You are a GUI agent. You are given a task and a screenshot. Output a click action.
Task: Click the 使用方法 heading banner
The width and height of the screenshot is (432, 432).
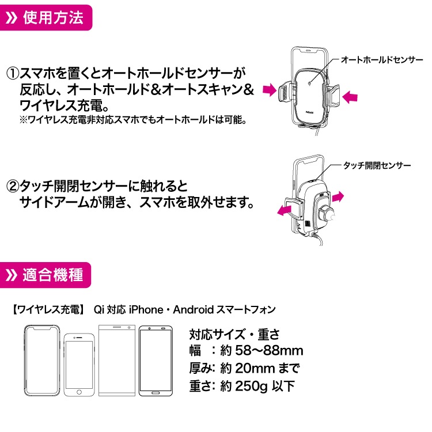(x=46, y=18)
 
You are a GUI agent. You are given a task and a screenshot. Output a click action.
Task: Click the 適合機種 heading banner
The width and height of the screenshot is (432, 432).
(x=45, y=275)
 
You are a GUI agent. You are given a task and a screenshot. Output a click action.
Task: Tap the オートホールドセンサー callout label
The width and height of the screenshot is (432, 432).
(x=382, y=60)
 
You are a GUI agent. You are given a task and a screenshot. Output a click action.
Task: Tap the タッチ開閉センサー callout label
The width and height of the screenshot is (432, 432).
(x=377, y=165)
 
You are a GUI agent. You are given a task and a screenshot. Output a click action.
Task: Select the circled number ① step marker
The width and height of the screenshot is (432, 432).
(x=13, y=74)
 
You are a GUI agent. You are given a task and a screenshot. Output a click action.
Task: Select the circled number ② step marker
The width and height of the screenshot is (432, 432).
(x=13, y=187)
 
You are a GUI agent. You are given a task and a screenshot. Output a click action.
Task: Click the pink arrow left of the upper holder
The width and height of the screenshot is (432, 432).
(x=270, y=89)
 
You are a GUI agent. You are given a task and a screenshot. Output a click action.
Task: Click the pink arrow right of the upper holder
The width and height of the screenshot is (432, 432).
(x=350, y=97)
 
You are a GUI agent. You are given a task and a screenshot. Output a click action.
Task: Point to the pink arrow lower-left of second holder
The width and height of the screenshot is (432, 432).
(x=284, y=210)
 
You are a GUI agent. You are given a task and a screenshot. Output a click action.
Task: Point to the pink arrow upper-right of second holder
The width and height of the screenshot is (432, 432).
(x=338, y=197)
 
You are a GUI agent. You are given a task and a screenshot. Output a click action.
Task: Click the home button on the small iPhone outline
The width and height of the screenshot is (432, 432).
(x=79, y=392)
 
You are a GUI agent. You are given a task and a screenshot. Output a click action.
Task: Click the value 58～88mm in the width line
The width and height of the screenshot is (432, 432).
(x=269, y=351)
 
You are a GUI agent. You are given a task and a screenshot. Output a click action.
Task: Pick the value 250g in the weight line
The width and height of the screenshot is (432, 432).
(x=251, y=386)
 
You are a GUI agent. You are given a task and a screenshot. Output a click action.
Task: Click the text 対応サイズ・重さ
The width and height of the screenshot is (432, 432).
(x=234, y=334)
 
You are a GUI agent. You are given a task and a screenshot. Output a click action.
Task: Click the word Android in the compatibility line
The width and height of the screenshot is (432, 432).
(x=194, y=310)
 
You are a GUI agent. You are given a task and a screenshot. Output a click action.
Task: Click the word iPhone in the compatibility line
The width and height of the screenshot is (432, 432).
(x=146, y=310)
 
